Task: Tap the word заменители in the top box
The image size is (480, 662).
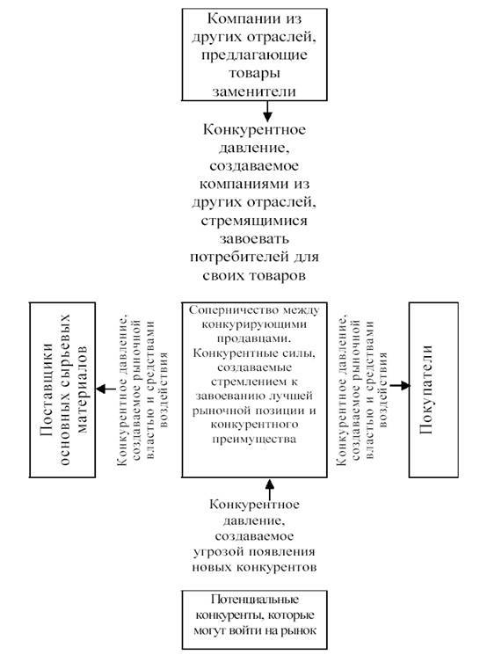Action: [254, 91]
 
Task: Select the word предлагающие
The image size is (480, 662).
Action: [254, 55]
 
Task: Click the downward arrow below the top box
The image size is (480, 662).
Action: [267, 111]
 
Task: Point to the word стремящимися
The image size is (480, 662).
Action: [254, 221]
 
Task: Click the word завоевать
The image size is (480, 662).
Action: [254, 239]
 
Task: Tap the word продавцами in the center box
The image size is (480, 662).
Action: [255, 338]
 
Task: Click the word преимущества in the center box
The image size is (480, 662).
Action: [254, 439]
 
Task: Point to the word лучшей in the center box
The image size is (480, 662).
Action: [292, 396]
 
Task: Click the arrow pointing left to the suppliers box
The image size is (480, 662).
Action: [105, 389]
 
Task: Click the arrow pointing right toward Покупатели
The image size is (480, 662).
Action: [399, 385]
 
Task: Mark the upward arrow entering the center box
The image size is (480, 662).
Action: [269, 489]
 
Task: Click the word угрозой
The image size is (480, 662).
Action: [219, 552]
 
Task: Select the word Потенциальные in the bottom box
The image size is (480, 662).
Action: [255, 600]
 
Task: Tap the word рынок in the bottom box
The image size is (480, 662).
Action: [300, 631]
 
